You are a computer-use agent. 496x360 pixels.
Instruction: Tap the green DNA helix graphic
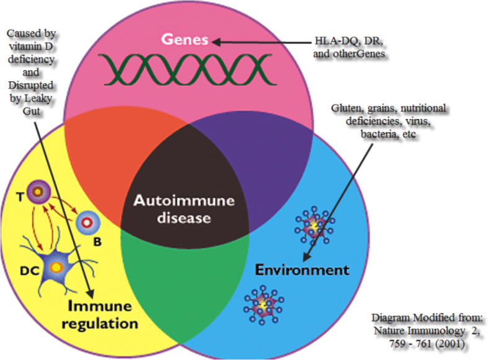[x=179, y=69]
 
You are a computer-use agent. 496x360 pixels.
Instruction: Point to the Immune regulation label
[x=103, y=315]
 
